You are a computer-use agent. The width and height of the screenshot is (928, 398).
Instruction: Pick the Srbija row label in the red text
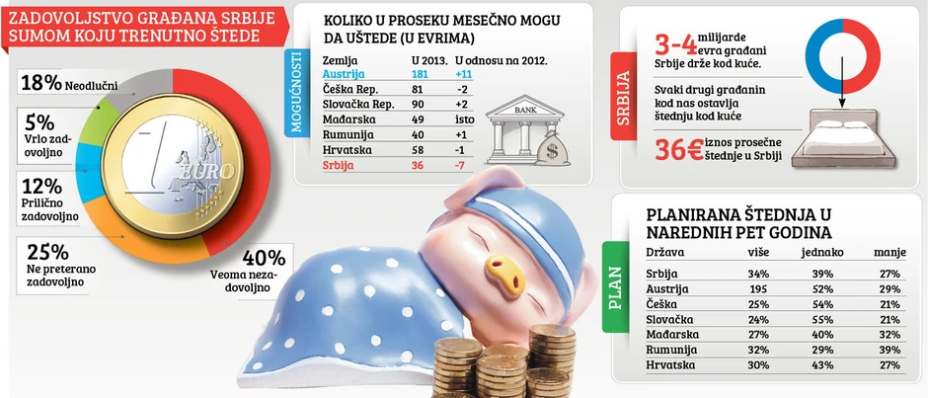[339, 166]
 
